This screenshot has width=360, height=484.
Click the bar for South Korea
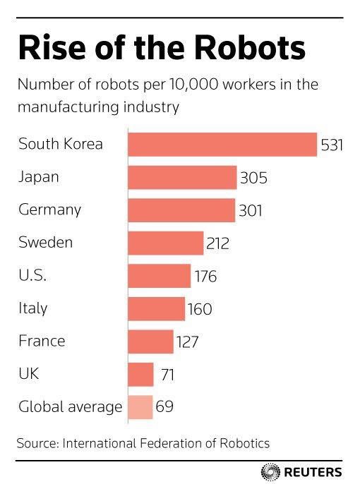pos(222,145)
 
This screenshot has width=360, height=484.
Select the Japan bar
pos(182,178)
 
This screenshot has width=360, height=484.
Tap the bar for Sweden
pos(166,243)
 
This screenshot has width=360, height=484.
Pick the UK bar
pos(140,375)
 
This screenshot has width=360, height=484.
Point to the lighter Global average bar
pos(140,407)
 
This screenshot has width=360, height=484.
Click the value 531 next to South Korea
pos(332,145)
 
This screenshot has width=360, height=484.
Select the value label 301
pos(251,211)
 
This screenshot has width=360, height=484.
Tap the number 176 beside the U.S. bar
pos(205,277)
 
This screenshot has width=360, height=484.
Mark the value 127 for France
pos(187,342)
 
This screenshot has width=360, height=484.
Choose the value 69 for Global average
pos(164,406)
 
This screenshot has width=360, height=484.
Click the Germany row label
pos(49,210)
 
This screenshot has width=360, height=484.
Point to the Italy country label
pos(32,308)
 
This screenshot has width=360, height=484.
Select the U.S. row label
pos(32,275)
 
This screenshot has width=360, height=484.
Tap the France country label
pos(42,341)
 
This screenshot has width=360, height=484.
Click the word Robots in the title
pos(250,48)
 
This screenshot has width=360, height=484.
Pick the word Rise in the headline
pos(52,48)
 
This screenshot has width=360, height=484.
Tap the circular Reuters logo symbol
pos(270,472)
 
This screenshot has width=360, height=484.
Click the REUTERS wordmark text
pos(313,472)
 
